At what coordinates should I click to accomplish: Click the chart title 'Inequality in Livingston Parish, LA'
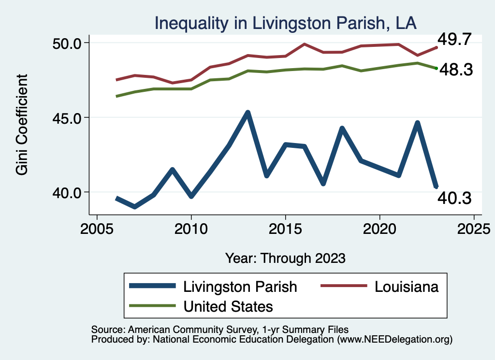[285, 23]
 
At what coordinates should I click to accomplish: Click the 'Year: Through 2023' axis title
[285, 258]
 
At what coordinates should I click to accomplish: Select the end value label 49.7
[454, 39]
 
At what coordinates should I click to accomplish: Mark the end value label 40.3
[454, 197]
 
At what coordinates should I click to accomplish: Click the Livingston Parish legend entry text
[240, 287]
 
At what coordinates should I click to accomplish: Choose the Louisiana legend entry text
[407, 287]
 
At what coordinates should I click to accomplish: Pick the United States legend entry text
[228, 306]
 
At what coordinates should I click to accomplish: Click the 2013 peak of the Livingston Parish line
[247, 113]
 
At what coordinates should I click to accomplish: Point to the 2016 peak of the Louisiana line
[304, 44]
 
